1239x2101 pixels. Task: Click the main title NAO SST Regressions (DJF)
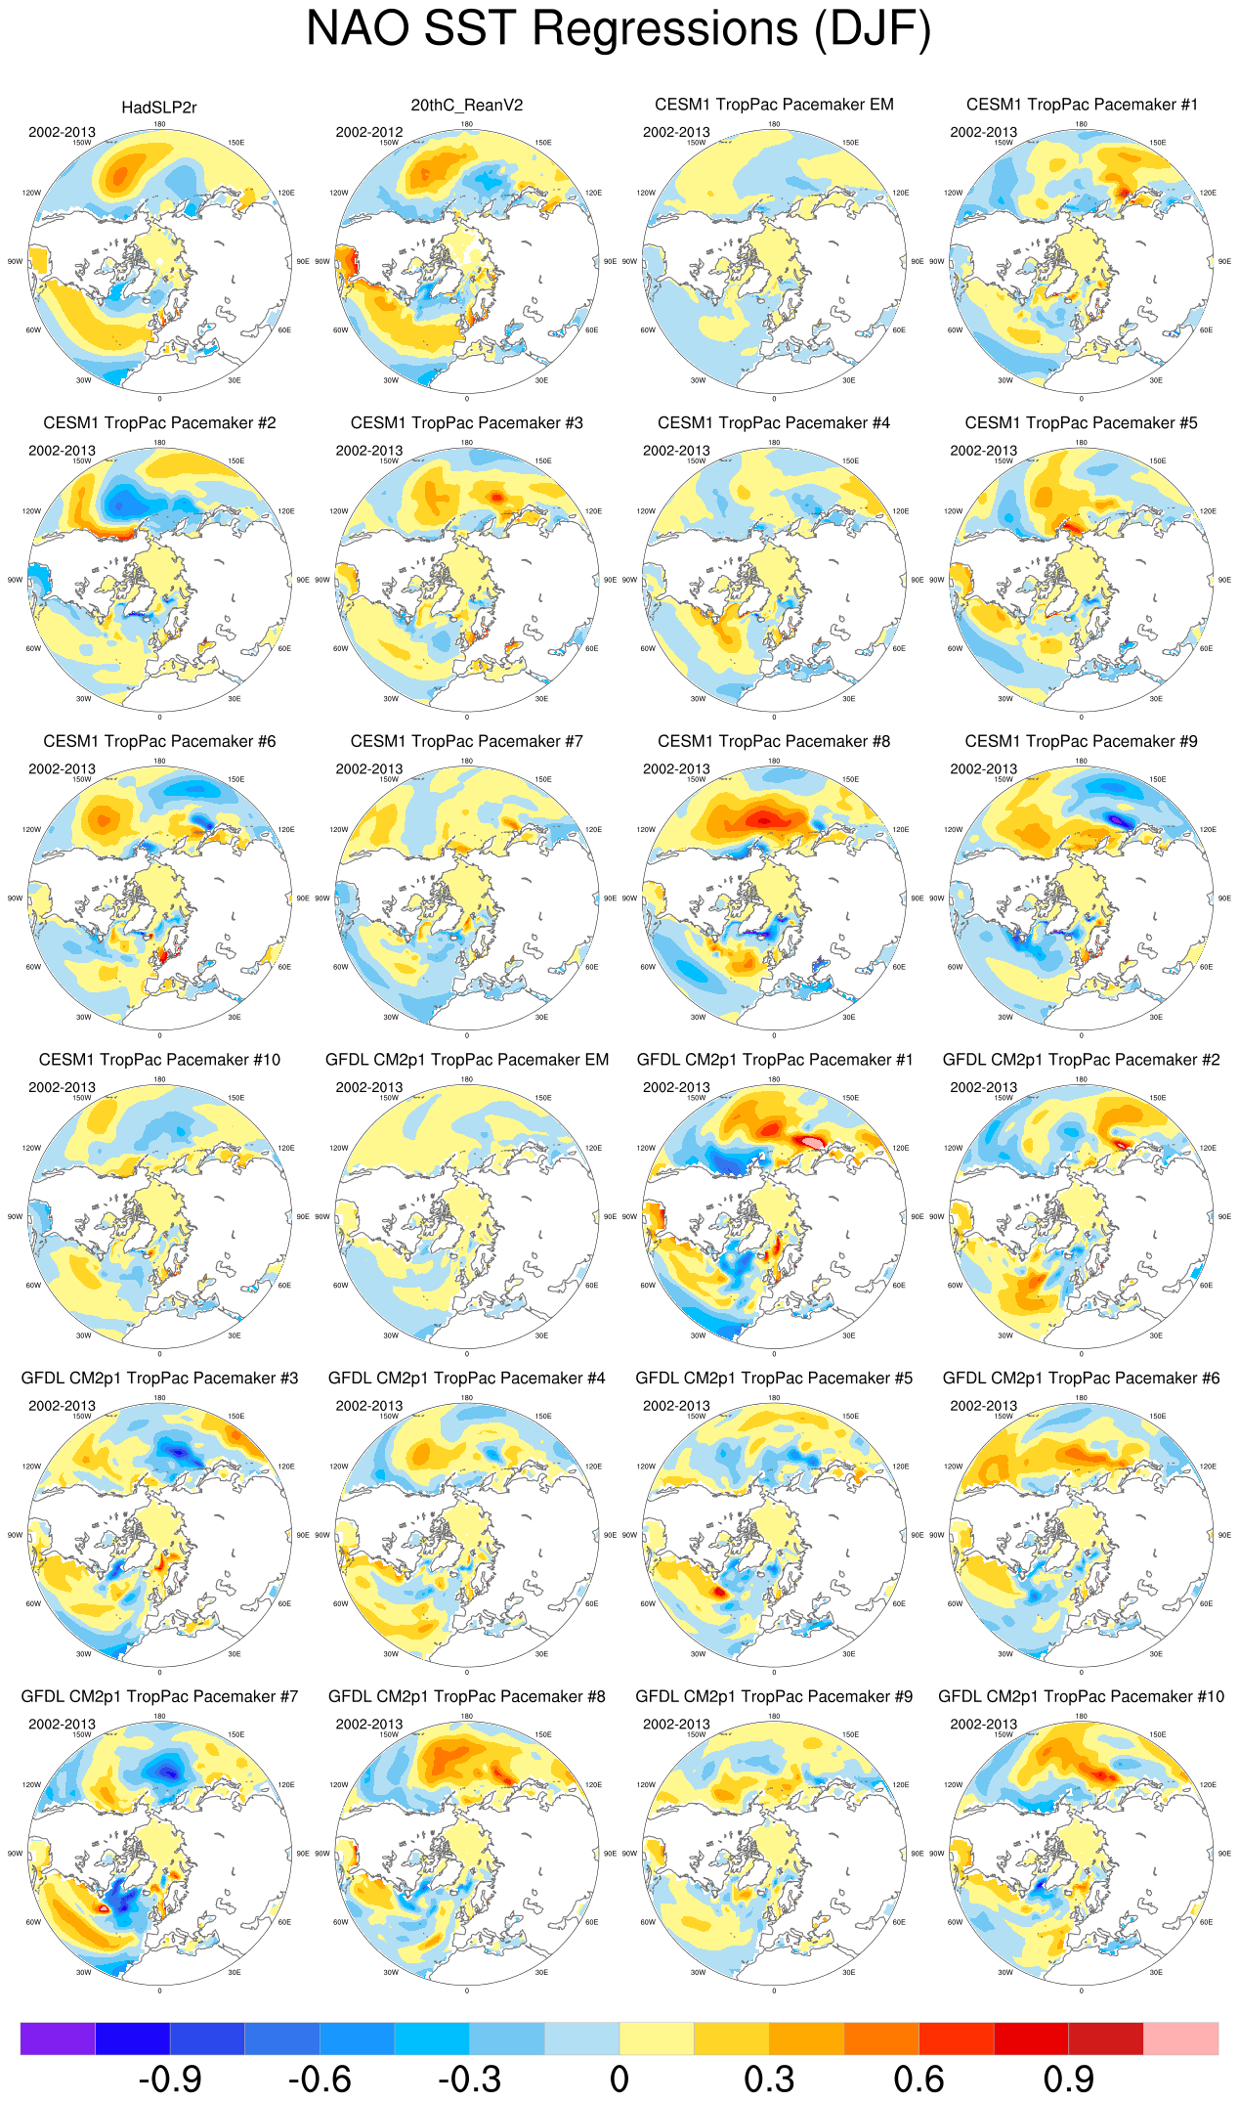point(619,28)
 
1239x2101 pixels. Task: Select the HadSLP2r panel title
point(159,108)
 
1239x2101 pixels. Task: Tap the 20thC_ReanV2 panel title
point(467,106)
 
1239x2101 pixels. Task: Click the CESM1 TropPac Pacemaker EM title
point(774,105)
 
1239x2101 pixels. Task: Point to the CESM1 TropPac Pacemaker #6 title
point(159,741)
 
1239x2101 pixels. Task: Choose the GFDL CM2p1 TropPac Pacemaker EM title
point(467,1060)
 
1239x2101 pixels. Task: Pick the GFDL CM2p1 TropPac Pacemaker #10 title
point(1081,1696)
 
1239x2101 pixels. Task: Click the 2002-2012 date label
point(369,132)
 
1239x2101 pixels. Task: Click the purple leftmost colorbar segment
point(58,2038)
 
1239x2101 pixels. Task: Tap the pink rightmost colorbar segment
point(1180,2038)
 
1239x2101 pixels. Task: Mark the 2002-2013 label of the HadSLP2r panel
point(62,132)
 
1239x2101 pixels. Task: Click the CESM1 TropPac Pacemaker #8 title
point(774,741)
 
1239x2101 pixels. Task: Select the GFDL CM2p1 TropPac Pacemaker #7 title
point(159,1696)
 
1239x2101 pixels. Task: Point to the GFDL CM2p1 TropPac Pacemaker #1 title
point(774,1060)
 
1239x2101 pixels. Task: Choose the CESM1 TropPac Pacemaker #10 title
point(159,1060)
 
